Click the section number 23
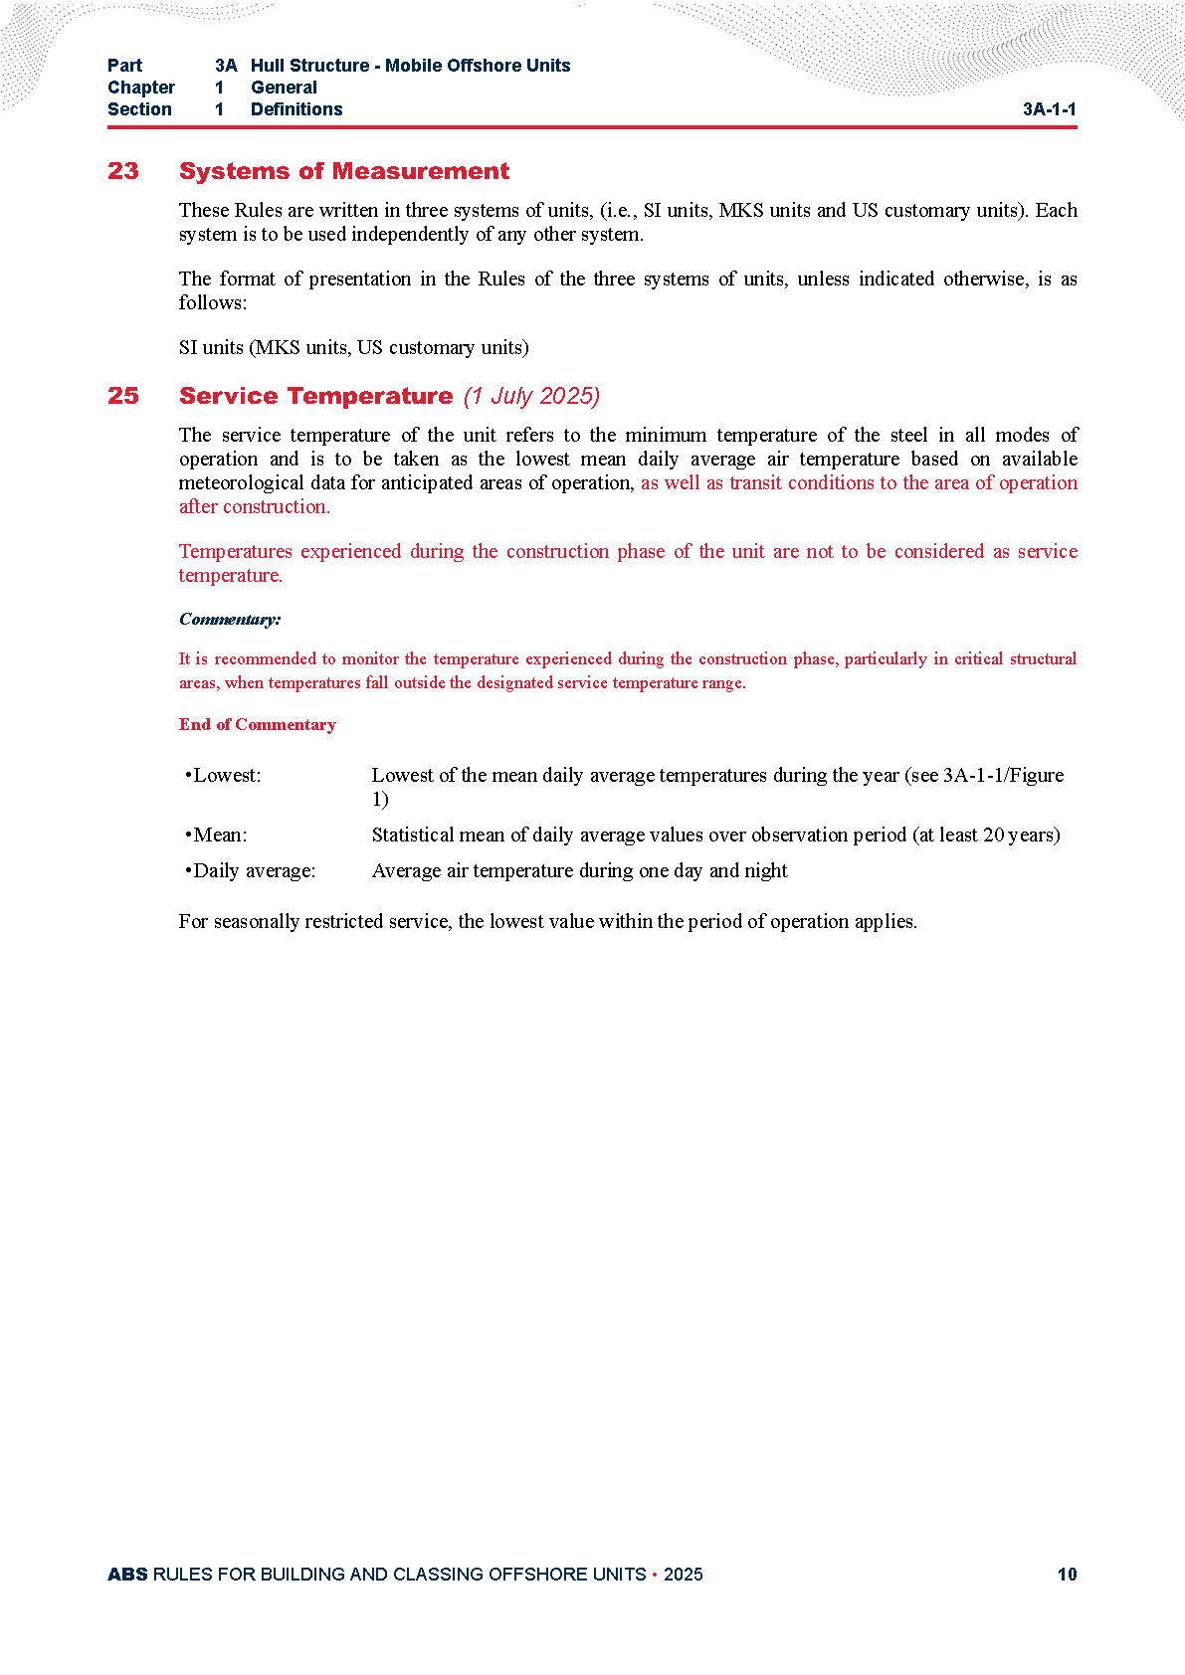coord(123,171)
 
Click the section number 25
coord(123,396)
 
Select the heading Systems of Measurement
coord(343,171)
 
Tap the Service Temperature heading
coord(315,396)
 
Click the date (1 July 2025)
coord(531,396)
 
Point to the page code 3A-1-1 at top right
coord(1049,109)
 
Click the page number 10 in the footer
coord(1067,1574)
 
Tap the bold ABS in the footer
coord(127,1574)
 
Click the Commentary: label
coord(230,619)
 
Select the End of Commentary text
coord(257,724)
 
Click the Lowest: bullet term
coord(225,775)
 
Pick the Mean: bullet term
coord(218,835)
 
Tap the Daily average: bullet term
coord(252,870)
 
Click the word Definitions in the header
coord(296,109)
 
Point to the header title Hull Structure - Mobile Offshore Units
coord(410,66)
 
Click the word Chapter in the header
coord(141,88)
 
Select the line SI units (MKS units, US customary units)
coord(353,347)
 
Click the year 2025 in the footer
coord(683,1574)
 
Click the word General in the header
coord(284,88)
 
